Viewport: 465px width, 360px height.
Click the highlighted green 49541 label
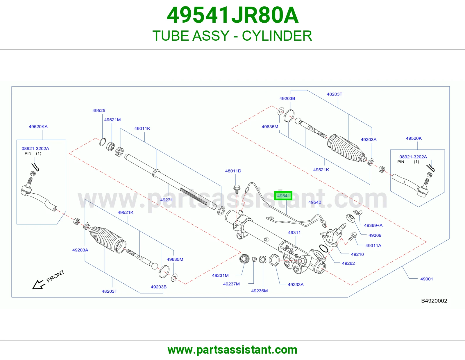pos(283,196)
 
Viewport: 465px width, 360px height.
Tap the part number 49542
pos(314,202)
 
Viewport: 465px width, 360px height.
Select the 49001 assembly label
pos(426,279)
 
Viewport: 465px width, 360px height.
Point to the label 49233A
pos(296,285)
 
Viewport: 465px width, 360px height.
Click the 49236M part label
pos(259,291)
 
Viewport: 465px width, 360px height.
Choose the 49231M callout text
pos(220,276)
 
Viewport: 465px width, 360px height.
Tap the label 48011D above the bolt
pos(233,171)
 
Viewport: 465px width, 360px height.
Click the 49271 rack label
pos(166,200)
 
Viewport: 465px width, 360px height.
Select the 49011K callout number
pos(142,129)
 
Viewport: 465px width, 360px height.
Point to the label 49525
pos(99,111)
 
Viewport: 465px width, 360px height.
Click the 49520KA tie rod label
pos(38,127)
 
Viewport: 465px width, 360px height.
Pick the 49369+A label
pos(373,225)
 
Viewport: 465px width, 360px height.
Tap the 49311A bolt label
pos(373,246)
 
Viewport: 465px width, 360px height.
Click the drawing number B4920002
pos(434,301)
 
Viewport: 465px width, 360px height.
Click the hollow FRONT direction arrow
pos(39,285)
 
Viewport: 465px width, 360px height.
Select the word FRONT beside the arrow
pos(55,276)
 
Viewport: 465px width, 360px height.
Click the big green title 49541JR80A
pos(233,15)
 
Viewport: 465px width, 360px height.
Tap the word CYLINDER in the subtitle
pos(277,36)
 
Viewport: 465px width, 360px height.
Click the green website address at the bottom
pos(233,350)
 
